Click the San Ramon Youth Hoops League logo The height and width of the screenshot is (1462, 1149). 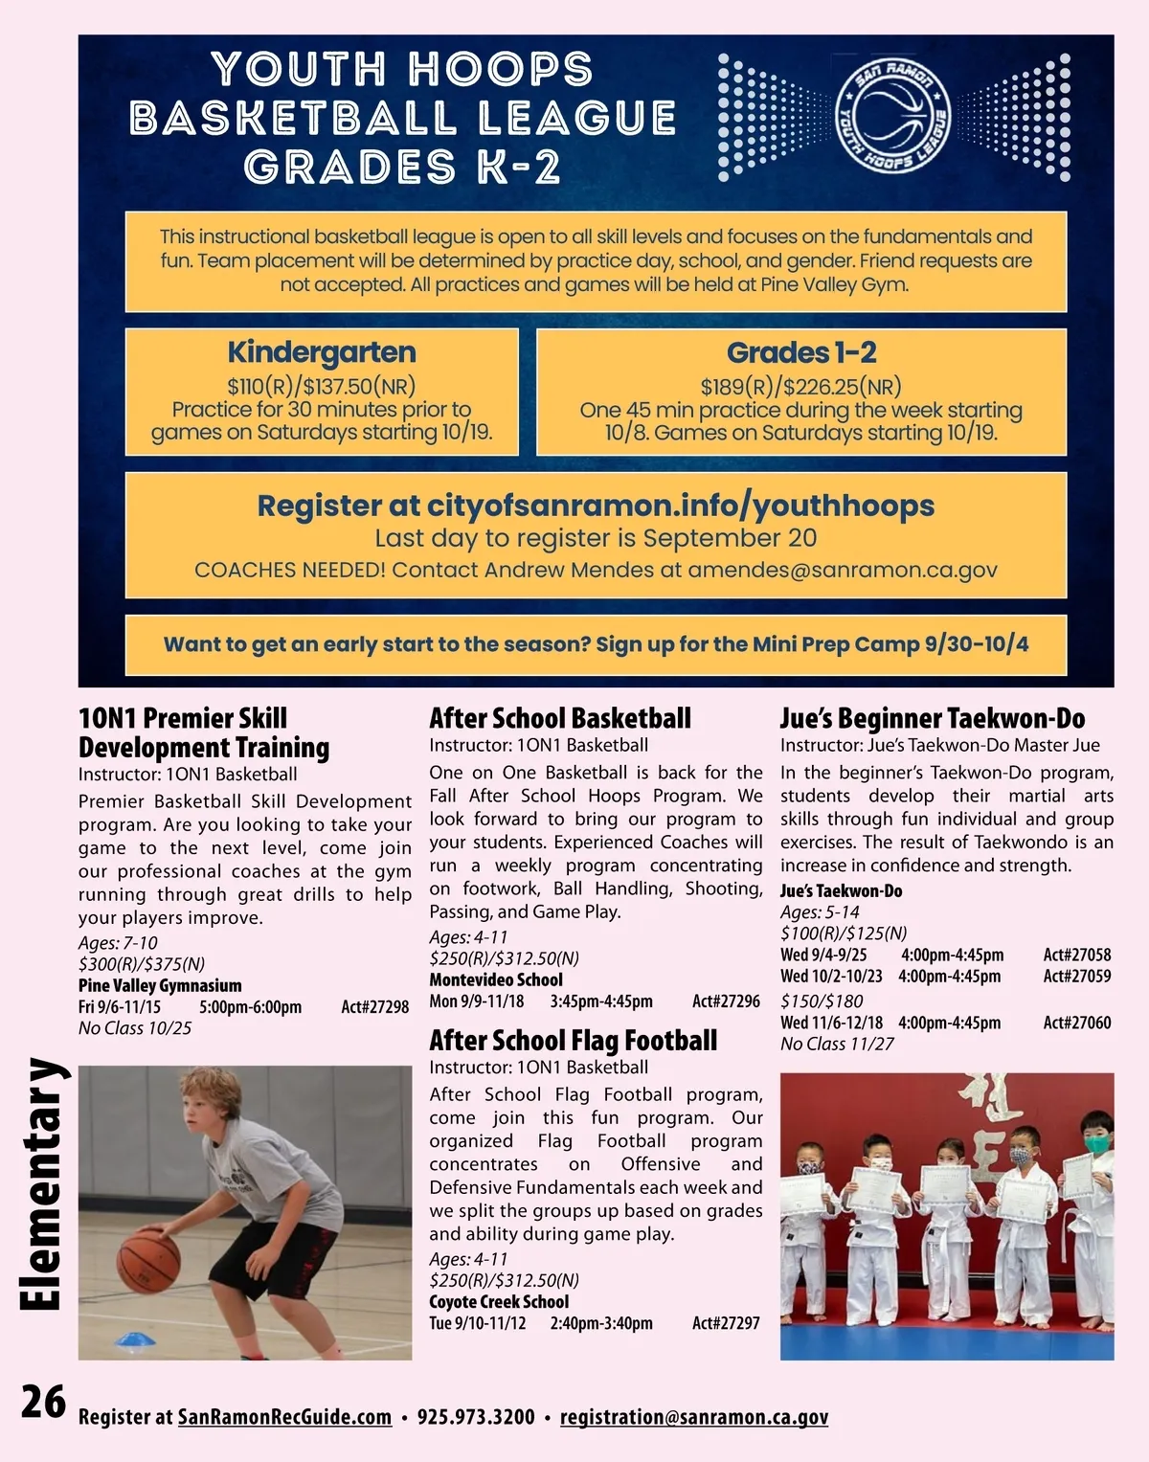point(892,117)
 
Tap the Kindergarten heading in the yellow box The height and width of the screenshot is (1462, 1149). point(322,352)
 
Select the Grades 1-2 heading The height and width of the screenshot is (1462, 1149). point(801,352)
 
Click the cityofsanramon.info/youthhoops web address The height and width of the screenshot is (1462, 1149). point(680,506)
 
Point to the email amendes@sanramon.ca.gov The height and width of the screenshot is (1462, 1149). point(843,570)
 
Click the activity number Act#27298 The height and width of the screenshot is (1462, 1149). point(375,1007)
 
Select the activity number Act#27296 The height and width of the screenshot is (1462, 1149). point(726,1001)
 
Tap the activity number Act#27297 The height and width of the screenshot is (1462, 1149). point(726,1323)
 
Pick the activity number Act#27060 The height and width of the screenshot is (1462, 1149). point(1077,1023)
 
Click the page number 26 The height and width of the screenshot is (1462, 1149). point(44,1403)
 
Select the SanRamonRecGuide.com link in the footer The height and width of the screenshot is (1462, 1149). point(284,1417)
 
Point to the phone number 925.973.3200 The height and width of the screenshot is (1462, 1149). point(476,1417)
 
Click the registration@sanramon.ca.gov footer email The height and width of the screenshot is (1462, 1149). point(693,1417)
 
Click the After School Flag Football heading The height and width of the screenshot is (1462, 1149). point(573,1041)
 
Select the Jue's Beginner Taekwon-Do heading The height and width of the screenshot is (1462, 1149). point(932,719)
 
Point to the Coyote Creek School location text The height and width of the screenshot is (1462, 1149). point(499,1302)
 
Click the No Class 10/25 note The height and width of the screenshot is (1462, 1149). point(135,1028)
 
